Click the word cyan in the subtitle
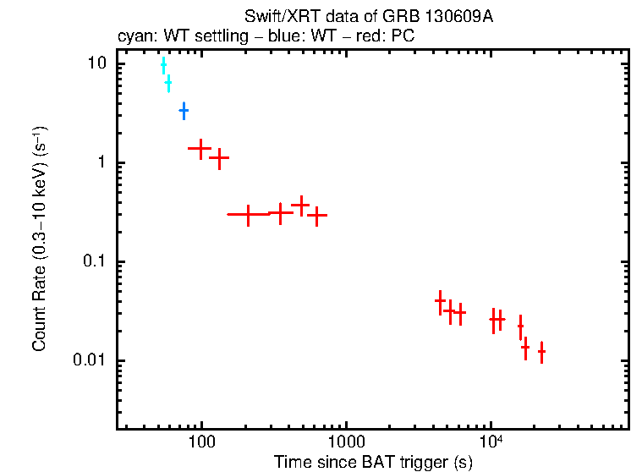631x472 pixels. click(133, 38)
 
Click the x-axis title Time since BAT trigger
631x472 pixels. click(373, 462)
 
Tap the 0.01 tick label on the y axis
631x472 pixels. click(91, 360)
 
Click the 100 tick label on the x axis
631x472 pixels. click(201, 443)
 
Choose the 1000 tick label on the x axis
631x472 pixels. click(346, 443)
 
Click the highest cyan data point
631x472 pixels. click(163, 66)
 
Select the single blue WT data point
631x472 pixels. click(184, 111)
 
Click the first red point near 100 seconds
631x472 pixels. click(200, 148)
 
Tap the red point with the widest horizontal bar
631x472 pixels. click(248, 215)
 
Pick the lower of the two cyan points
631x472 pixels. click(168, 83)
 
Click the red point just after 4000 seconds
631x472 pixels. click(441, 301)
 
